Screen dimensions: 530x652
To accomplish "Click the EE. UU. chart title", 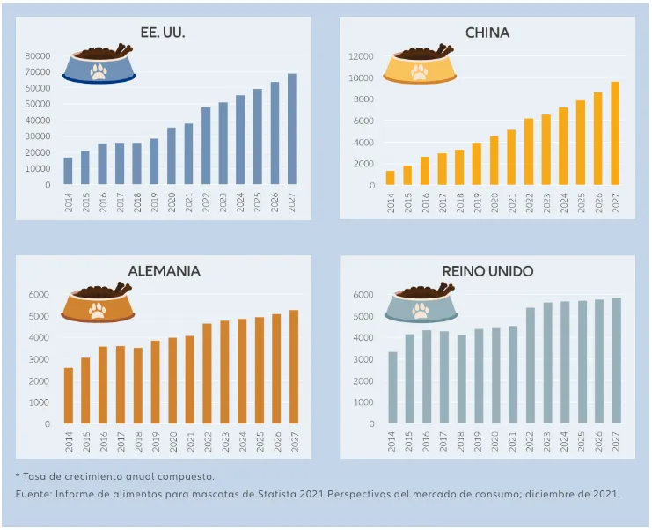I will (163, 33).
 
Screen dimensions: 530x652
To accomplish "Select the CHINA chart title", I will (487, 33).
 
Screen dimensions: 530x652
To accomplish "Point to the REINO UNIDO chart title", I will (487, 270).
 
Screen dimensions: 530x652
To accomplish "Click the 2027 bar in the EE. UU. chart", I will (291, 129).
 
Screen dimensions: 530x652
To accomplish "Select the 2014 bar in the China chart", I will (390, 178).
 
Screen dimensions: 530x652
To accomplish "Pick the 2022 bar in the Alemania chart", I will (207, 373).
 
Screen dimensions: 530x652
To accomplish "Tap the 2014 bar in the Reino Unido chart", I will (392, 387).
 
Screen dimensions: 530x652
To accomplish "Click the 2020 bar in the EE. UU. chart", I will (172, 157).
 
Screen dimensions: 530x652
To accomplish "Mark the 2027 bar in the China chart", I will (615, 134).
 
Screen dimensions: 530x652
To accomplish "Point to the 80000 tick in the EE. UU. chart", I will (37, 55).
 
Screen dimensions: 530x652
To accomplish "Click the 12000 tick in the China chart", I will (363, 55).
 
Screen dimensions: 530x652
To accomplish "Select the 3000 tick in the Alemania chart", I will (40, 359).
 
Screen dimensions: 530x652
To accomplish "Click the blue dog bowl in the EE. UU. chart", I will (99, 66).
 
